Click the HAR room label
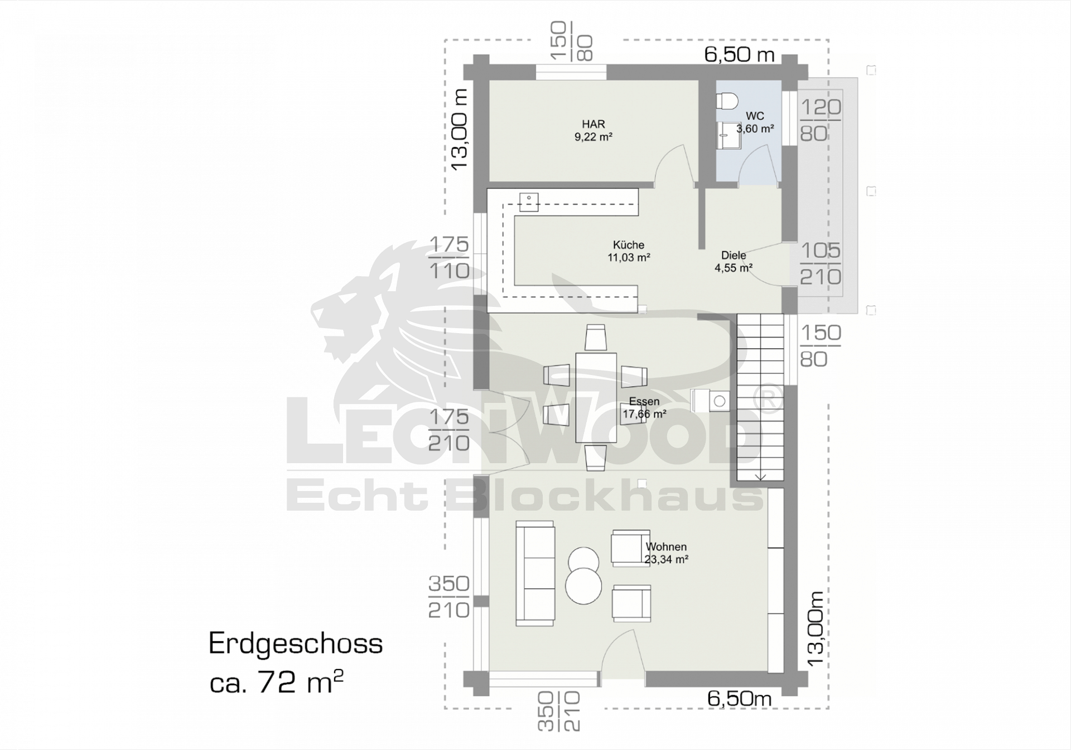tap(594, 124)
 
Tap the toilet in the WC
tap(727, 100)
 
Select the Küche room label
tap(629, 245)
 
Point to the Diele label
tap(734, 255)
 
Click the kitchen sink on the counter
tap(529, 202)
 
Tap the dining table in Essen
tap(596, 398)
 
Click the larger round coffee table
tap(583, 586)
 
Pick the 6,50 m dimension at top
tap(740, 54)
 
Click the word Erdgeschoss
tap(296, 644)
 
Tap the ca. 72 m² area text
tap(276, 682)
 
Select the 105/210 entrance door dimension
tap(821, 264)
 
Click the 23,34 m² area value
tap(667, 560)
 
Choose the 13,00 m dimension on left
tap(459, 130)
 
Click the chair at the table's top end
tap(596, 338)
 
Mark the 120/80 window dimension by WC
tap(821, 120)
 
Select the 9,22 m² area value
tap(594, 137)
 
